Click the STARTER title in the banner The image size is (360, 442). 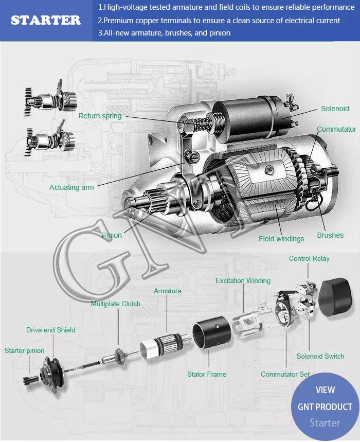[x=46, y=20]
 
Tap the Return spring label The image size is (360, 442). [x=100, y=116]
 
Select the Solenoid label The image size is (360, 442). [x=335, y=109]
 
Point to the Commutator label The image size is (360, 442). [x=336, y=129]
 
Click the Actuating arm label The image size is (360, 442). [x=71, y=187]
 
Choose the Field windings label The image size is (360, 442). [x=281, y=239]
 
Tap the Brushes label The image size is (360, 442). [x=330, y=235]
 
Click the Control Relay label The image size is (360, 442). [x=309, y=258]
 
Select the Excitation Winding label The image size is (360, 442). [x=243, y=280]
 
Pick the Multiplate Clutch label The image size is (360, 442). [x=116, y=304]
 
